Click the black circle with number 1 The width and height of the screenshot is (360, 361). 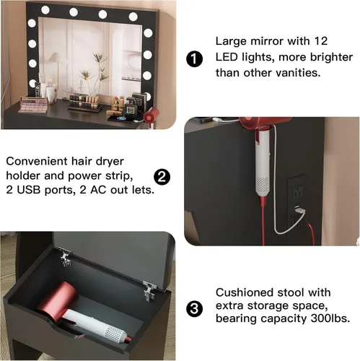194,58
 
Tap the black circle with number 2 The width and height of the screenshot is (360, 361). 162,177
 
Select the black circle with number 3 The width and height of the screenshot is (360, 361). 194,308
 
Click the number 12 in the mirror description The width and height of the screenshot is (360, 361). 321,41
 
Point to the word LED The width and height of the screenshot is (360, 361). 227,57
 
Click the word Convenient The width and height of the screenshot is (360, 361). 36,161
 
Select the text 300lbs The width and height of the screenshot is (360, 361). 330,318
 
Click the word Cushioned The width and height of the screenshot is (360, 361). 245,292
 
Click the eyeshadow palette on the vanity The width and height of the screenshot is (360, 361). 33,104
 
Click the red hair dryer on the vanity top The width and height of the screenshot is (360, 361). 152,114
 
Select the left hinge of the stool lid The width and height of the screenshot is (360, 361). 65,257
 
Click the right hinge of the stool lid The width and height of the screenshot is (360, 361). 150,291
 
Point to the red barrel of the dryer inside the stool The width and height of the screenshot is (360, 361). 57,302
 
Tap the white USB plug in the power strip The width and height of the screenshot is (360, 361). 300,211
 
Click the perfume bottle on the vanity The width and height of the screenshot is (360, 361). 131,106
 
